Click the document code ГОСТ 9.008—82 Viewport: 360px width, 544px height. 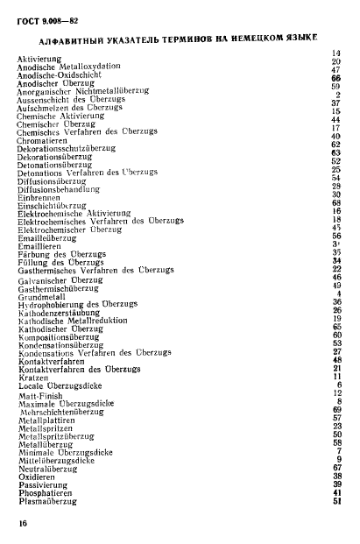(x=43, y=19)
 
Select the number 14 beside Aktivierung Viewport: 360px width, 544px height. (x=335, y=54)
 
